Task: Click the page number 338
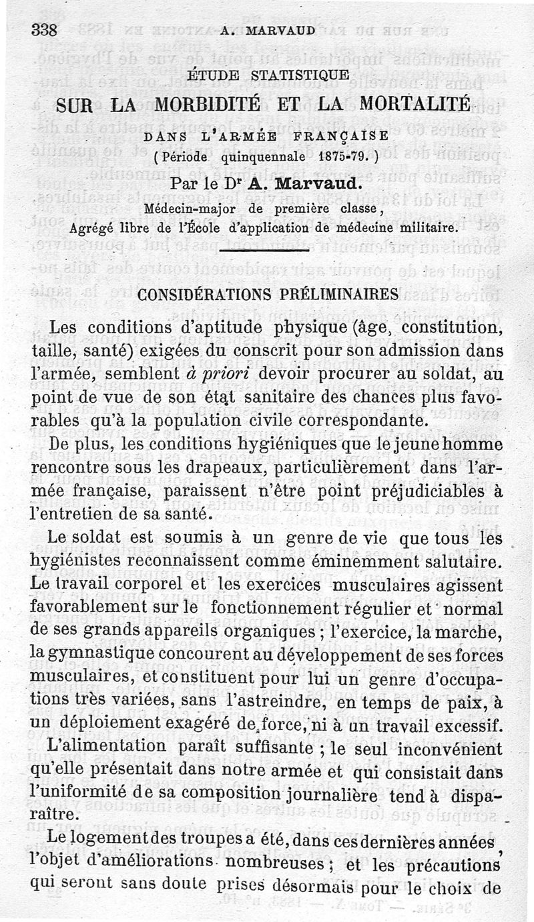[45, 31]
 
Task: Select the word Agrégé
[92, 227]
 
